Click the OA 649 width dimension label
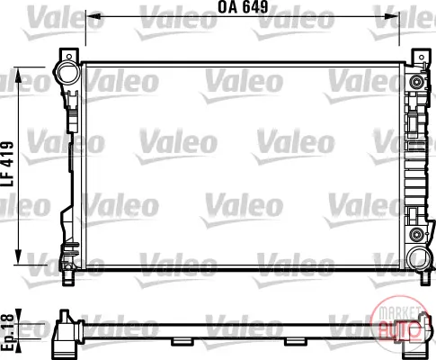(243, 7)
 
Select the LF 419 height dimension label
(7, 164)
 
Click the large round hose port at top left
(67, 73)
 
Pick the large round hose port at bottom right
(419, 258)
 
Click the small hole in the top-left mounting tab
(69, 57)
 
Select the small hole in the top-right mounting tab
(422, 58)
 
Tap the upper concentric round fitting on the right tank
(416, 82)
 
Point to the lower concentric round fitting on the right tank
(416, 234)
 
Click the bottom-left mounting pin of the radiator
(67, 278)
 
